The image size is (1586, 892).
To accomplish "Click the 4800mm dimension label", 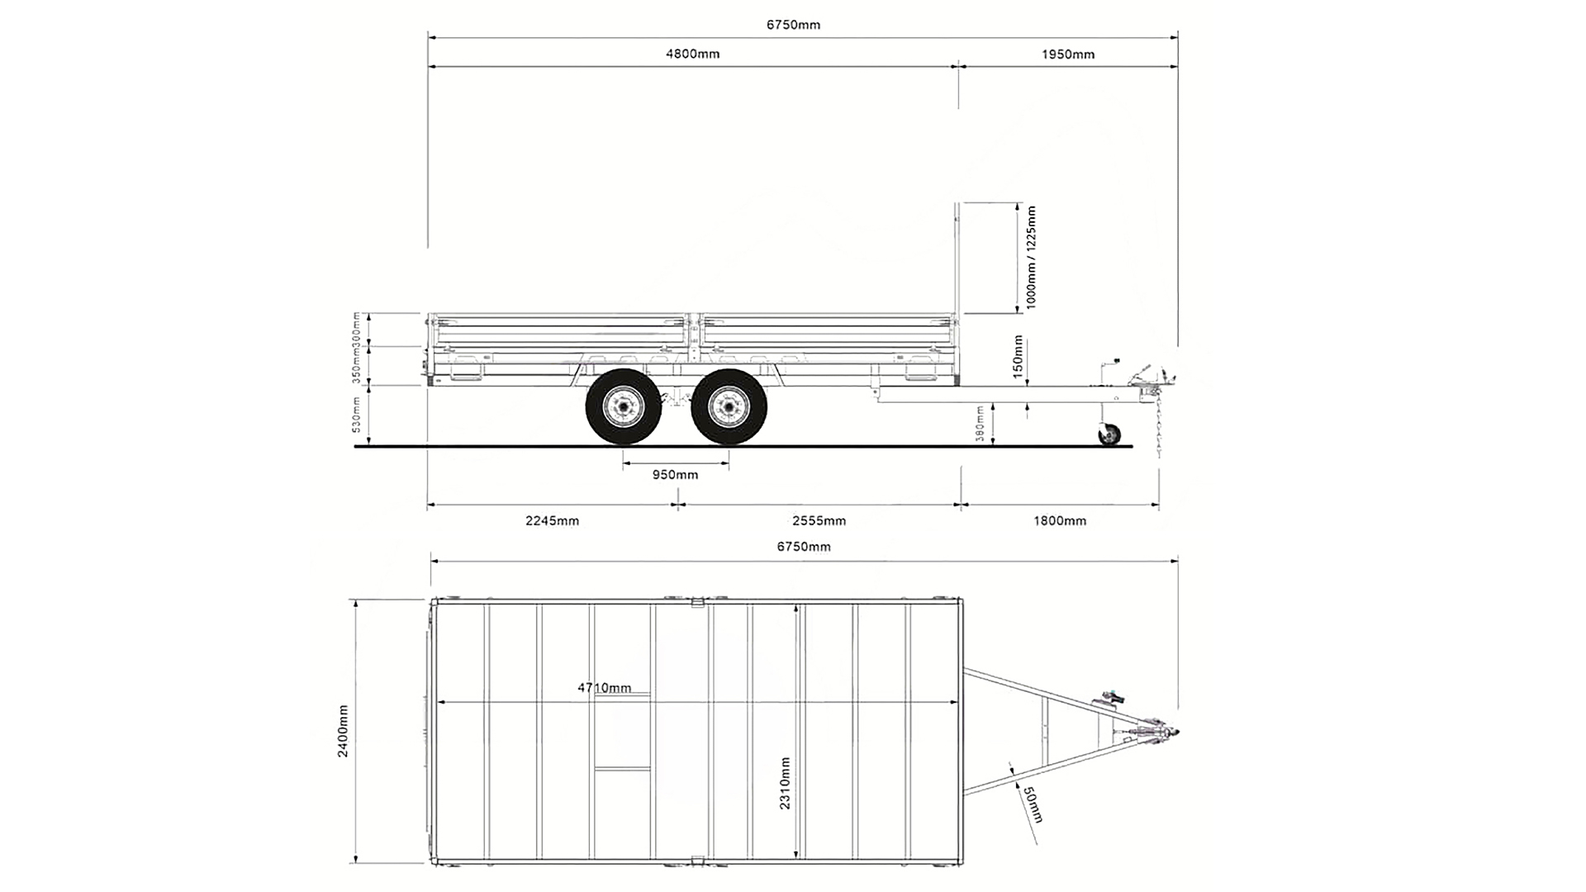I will [692, 55].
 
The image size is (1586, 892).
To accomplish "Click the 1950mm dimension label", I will [1067, 55].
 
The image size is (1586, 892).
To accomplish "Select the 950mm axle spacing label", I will [675, 475].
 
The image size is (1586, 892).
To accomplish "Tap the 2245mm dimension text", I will [552, 520].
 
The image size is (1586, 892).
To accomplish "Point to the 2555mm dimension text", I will [819, 520].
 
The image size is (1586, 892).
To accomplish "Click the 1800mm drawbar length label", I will [1060, 520].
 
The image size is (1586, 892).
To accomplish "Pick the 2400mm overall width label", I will [343, 731].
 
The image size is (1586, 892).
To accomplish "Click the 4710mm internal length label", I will [604, 688].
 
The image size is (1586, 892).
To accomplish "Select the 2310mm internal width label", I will [785, 783].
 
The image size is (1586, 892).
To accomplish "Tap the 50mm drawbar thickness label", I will [1033, 804].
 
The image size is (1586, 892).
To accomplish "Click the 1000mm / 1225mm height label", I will [1031, 258].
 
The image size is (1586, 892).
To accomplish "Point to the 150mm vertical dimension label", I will [1018, 356].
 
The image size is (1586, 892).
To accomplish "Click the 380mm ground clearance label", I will [981, 424].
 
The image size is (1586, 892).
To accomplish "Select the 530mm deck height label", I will [357, 415].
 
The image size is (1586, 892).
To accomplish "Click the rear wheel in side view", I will [623, 407].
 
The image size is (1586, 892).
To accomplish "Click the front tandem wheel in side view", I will [729, 407].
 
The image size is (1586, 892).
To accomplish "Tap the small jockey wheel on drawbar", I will [1109, 434].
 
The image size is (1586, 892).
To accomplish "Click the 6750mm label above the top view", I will [803, 547].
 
